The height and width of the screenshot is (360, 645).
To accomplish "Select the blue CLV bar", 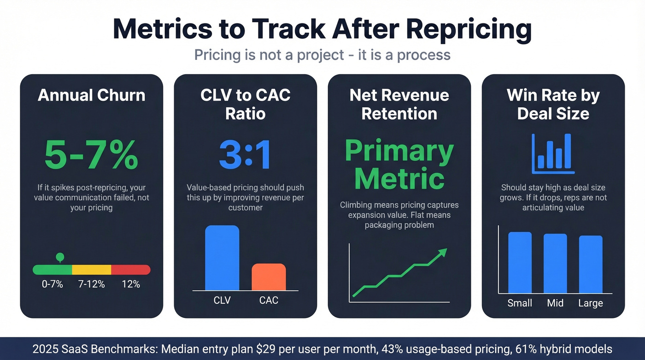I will (x=222, y=258).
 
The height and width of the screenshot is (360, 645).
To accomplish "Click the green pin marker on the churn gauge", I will (x=59, y=257).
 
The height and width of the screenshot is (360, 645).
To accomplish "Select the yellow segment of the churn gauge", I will (x=92, y=270).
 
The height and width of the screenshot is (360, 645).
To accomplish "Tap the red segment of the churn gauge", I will (x=131, y=270).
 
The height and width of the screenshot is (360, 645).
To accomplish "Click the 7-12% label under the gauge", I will (x=92, y=284).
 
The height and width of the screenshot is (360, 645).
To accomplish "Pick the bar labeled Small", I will (x=520, y=262).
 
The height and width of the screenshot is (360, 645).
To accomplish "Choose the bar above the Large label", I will (x=590, y=264).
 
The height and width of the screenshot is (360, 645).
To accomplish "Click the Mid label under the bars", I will (x=555, y=303).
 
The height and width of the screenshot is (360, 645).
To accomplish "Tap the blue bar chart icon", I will (x=553, y=154).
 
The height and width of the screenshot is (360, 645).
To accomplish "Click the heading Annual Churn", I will (x=91, y=95).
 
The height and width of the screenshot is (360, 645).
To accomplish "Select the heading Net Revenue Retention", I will (x=399, y=104).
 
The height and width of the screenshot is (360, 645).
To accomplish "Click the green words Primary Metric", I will (x=399, y=165).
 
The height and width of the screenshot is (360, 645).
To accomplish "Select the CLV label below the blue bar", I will (x=222, y=301).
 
